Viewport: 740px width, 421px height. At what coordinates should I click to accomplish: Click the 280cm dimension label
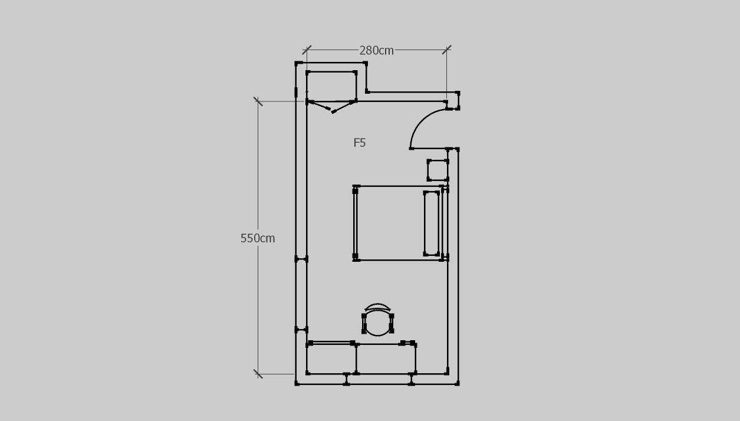(x=376, y=51)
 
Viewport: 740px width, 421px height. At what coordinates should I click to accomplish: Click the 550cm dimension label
(x=257, y=238)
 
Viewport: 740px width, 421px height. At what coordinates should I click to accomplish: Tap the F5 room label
(x=360, y=143)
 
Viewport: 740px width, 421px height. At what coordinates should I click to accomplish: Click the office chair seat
(x=378, y=323)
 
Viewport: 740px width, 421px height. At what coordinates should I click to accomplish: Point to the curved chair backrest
(x=377, y=307)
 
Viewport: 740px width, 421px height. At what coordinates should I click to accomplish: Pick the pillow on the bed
(x=432, y=223)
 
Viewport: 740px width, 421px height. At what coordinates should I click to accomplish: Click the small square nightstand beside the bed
(x=438, y=170)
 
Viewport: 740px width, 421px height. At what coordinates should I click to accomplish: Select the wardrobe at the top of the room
(x=331, y=86)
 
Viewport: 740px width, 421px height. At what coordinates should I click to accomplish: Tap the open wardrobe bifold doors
(x=331, y=107)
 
